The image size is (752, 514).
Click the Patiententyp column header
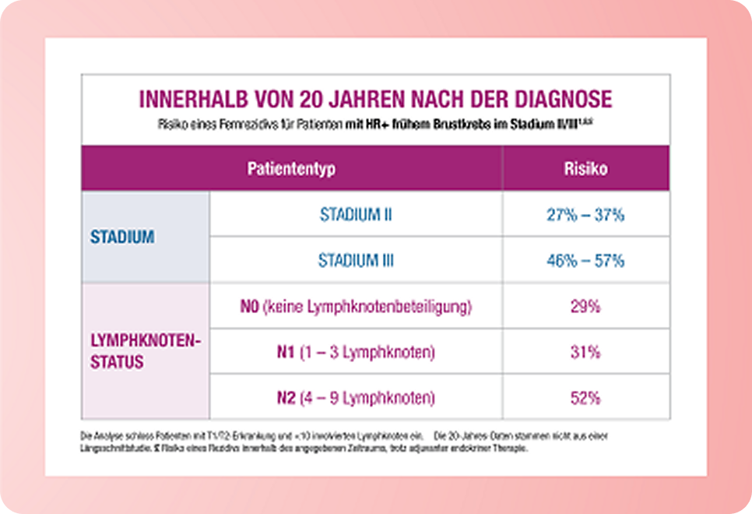tap(291, 168)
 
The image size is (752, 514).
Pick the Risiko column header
tap(585, 168)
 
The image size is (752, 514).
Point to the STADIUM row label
tap(121, 238)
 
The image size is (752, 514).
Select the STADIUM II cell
tap(356, 215)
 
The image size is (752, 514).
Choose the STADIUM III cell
tap(356, 261)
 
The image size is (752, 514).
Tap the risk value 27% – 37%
tap(585, 215)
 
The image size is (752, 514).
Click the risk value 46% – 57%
tap(585, 261)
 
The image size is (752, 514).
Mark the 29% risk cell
tap(585, 307)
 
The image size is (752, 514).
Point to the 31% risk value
tap(585, 352)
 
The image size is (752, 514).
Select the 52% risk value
tap(585, 398)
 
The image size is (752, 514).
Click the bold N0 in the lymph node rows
tap(250, 307)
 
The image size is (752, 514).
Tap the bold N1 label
tap(285, 352)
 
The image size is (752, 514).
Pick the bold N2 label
tap(285, 398)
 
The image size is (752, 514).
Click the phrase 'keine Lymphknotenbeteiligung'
tap(367, 307)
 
